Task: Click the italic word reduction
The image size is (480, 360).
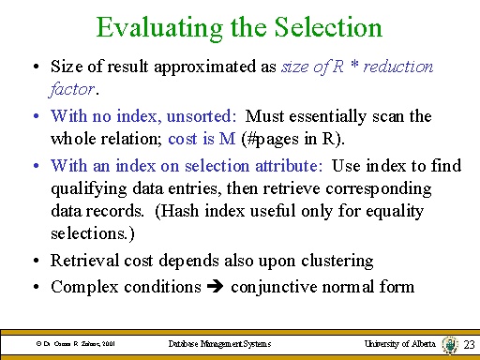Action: click(x=397, y=67)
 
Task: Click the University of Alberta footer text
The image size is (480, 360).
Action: click(x=399, y=345)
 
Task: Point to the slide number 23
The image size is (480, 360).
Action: click(x=469, y=345)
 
